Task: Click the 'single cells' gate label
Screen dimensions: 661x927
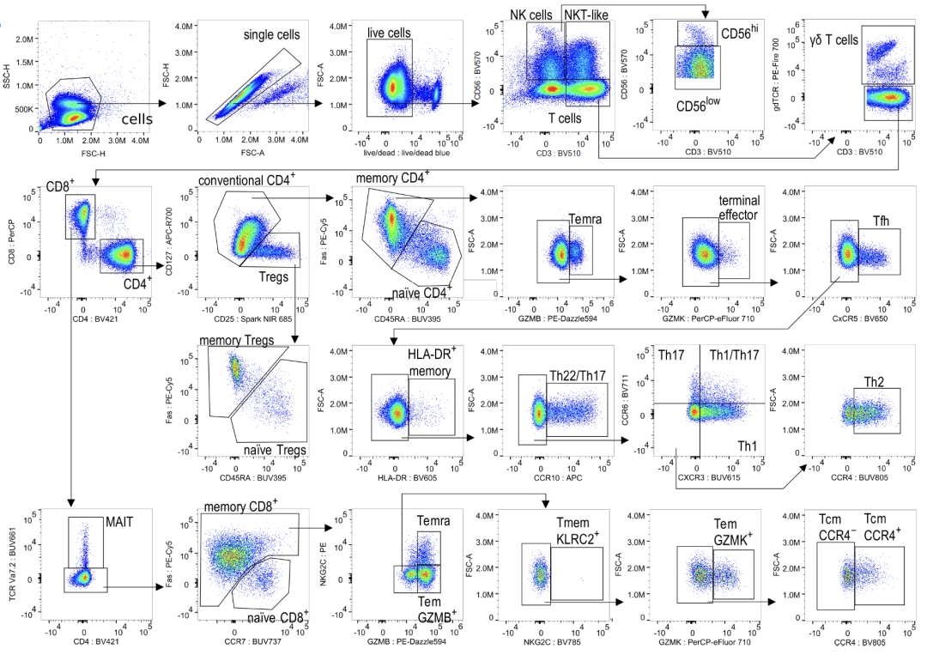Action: (272, 35)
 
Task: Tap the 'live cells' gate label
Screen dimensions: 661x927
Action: (389, 33)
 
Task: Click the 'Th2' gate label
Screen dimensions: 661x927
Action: (875, 380)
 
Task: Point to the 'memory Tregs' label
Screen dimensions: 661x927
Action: (236, 341)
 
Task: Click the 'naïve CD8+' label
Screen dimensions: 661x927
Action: (276, 619)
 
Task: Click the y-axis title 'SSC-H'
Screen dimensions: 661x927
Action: (7, 76)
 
